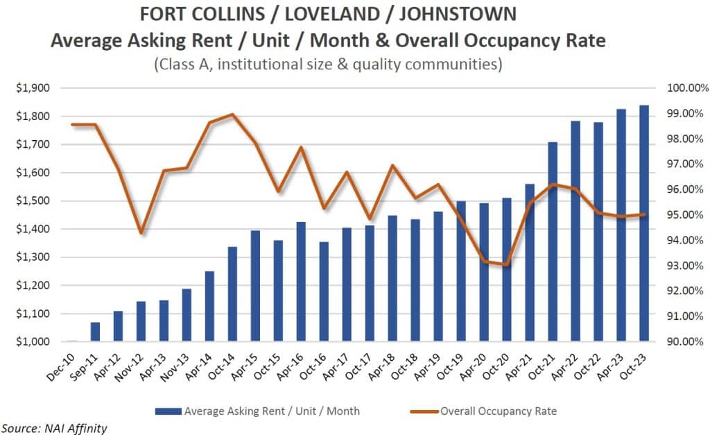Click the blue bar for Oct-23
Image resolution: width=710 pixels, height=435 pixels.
644,223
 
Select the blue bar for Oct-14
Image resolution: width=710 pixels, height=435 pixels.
232,294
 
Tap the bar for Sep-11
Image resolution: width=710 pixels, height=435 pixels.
95,332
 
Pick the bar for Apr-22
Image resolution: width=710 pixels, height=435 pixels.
575,231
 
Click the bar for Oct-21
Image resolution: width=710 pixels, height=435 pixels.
553,241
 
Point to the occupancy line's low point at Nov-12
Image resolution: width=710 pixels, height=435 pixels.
141,233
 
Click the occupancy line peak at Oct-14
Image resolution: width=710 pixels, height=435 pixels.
232,114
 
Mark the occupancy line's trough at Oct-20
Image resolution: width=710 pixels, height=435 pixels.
507,264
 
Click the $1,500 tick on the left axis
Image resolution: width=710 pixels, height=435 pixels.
33,201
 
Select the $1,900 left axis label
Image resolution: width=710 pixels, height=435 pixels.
33,88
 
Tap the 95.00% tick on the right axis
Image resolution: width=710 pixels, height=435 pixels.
684,215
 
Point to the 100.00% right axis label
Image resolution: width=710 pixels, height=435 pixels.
687,88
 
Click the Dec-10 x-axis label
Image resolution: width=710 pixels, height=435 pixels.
61,367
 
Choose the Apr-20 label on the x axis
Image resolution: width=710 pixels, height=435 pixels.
474,367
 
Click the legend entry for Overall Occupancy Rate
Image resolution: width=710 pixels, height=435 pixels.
483,411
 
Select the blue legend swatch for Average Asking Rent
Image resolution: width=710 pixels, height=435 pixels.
168,411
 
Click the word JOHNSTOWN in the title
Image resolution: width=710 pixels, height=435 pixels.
458,14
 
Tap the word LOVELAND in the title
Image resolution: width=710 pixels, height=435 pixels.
331,14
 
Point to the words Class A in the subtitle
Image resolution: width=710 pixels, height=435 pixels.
184,65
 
